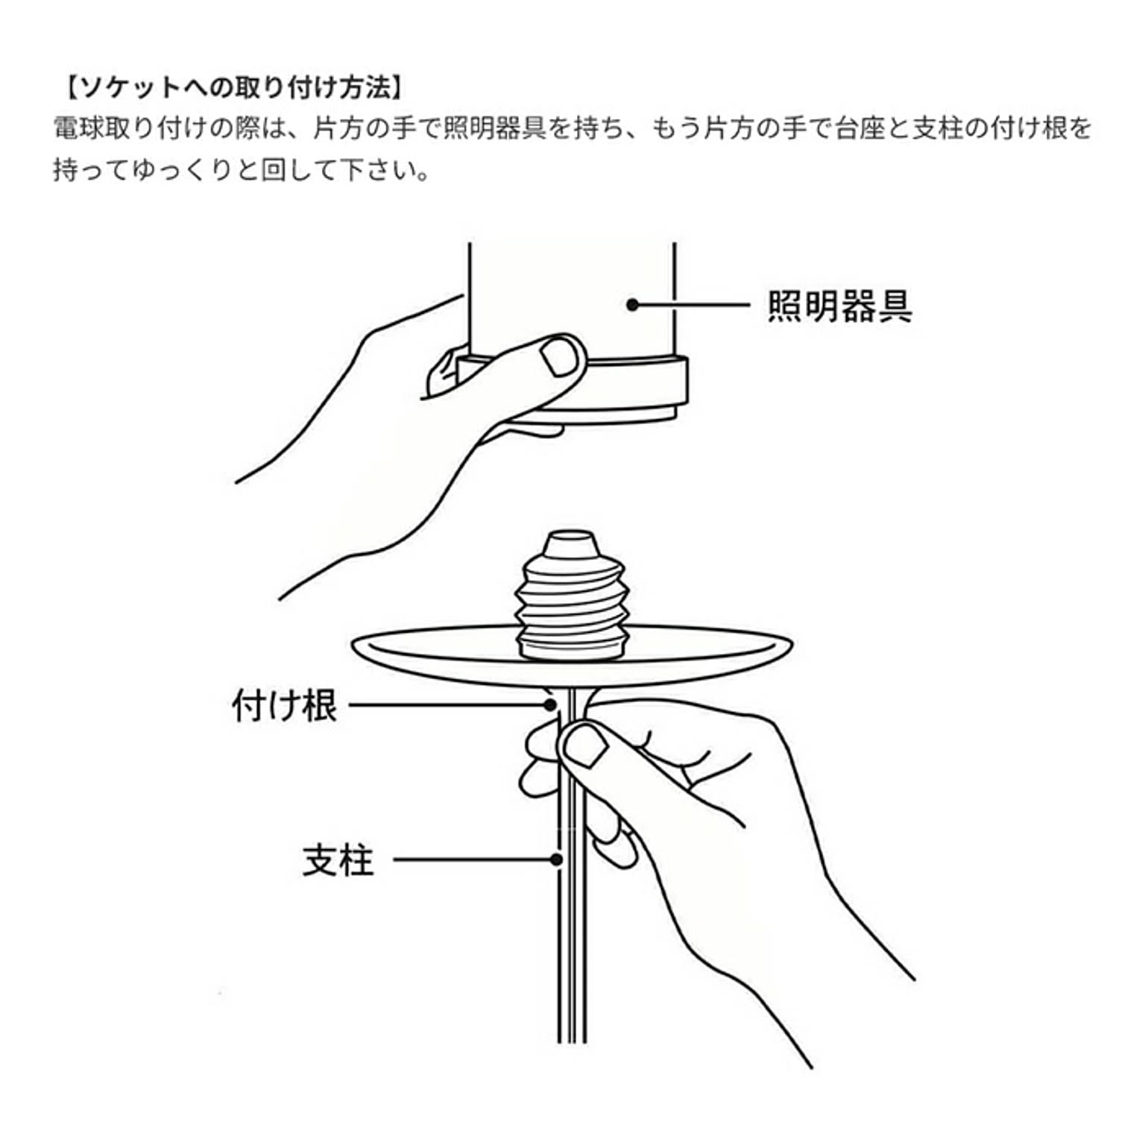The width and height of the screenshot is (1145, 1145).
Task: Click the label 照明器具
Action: [840, 306]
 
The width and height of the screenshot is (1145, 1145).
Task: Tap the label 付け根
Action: [285, 705]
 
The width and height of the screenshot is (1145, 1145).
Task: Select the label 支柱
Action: [338, 860]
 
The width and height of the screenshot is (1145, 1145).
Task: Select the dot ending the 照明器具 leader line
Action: [632, 305]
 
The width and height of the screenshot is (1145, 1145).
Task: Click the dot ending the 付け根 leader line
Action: [551, 704]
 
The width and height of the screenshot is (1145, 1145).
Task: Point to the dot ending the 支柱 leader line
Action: [555, 859]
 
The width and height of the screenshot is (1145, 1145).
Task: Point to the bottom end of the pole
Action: [572, 1041]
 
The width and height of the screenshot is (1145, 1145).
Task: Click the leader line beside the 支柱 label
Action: [474, 859]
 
